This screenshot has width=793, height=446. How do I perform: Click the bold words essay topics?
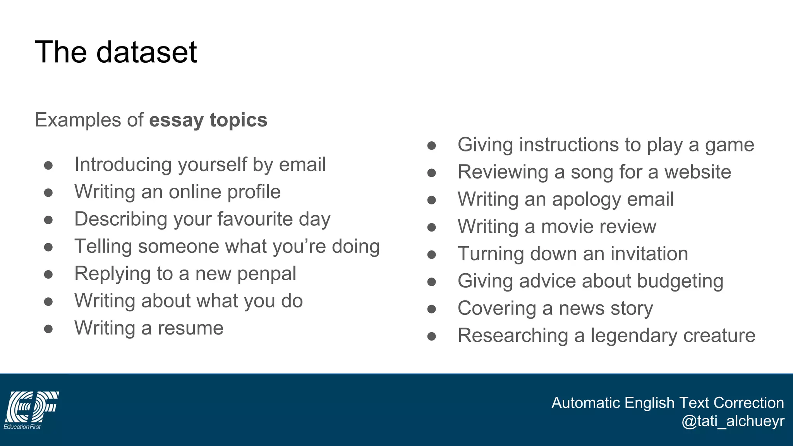click(208, 120)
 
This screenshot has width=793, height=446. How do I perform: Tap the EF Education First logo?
click(31, 410)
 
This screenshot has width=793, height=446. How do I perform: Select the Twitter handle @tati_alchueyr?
click(733, 421)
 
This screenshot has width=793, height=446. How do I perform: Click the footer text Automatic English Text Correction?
click(667, 403)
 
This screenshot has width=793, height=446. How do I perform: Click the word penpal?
click(266, 274)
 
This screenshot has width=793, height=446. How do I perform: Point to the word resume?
click(190, 328)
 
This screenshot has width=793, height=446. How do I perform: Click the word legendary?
click(633, 336)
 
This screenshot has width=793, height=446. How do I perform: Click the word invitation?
click(649, 254)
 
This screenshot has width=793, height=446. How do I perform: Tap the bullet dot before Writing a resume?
click(48, 329)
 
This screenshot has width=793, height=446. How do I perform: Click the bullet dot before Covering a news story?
click(432, 309)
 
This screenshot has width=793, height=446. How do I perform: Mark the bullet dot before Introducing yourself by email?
click(48, 165)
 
